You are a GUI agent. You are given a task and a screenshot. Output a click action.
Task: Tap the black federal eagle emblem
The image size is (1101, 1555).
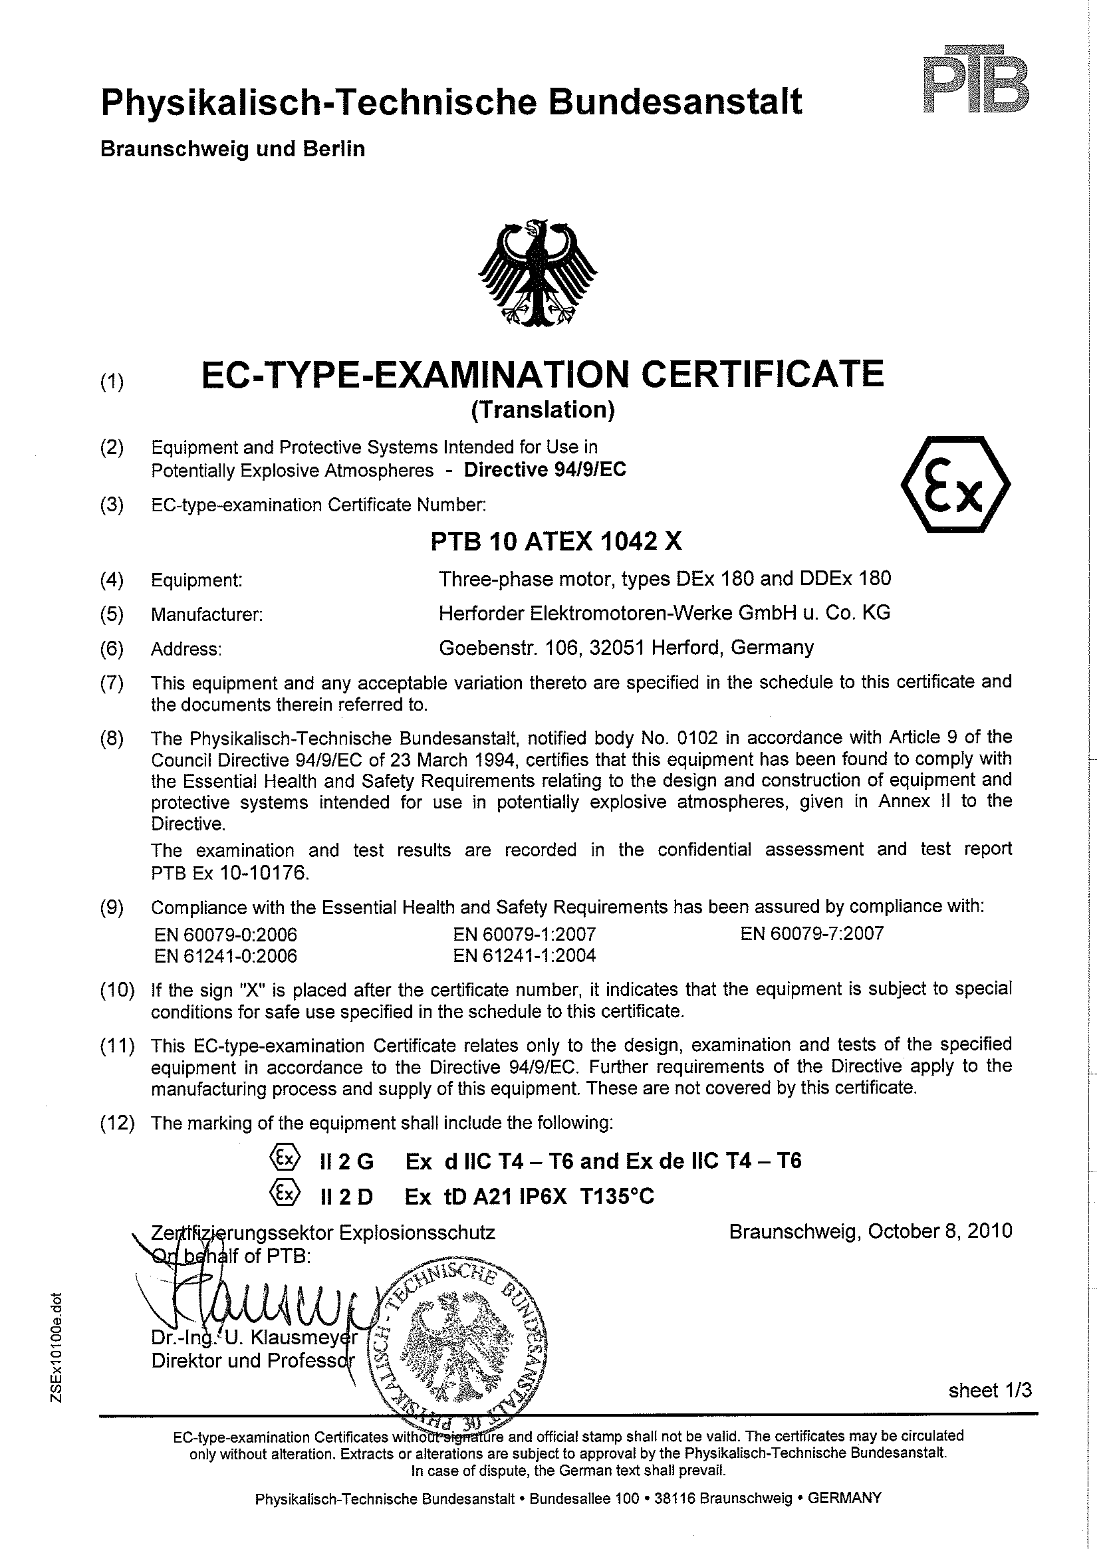(x=538, y=273)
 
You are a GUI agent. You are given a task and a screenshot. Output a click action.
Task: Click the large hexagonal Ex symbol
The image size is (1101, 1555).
(x=955, y=484)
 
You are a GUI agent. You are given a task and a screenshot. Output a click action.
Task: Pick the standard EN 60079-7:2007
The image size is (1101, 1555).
(x=812, y=934)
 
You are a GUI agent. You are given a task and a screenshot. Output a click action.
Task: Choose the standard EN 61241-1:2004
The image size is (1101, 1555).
(x=524, y=956)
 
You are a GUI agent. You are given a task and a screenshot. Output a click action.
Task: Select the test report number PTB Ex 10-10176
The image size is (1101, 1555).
(x=231, y=873)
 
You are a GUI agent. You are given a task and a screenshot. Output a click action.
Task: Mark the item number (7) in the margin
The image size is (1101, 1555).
(x=112, y=683)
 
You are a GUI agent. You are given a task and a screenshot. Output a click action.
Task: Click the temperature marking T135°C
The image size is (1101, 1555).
(x=617, y=1197)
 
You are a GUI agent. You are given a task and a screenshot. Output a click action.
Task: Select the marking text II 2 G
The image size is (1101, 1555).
(x=346, y=1162)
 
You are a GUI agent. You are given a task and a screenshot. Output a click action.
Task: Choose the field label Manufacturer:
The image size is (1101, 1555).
(x=207, y=615)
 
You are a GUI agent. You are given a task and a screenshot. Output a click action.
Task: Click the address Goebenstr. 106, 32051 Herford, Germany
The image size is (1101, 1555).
(x=626, y=648)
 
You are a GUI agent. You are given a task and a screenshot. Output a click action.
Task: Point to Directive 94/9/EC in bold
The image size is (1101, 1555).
(x=545, y=470)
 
